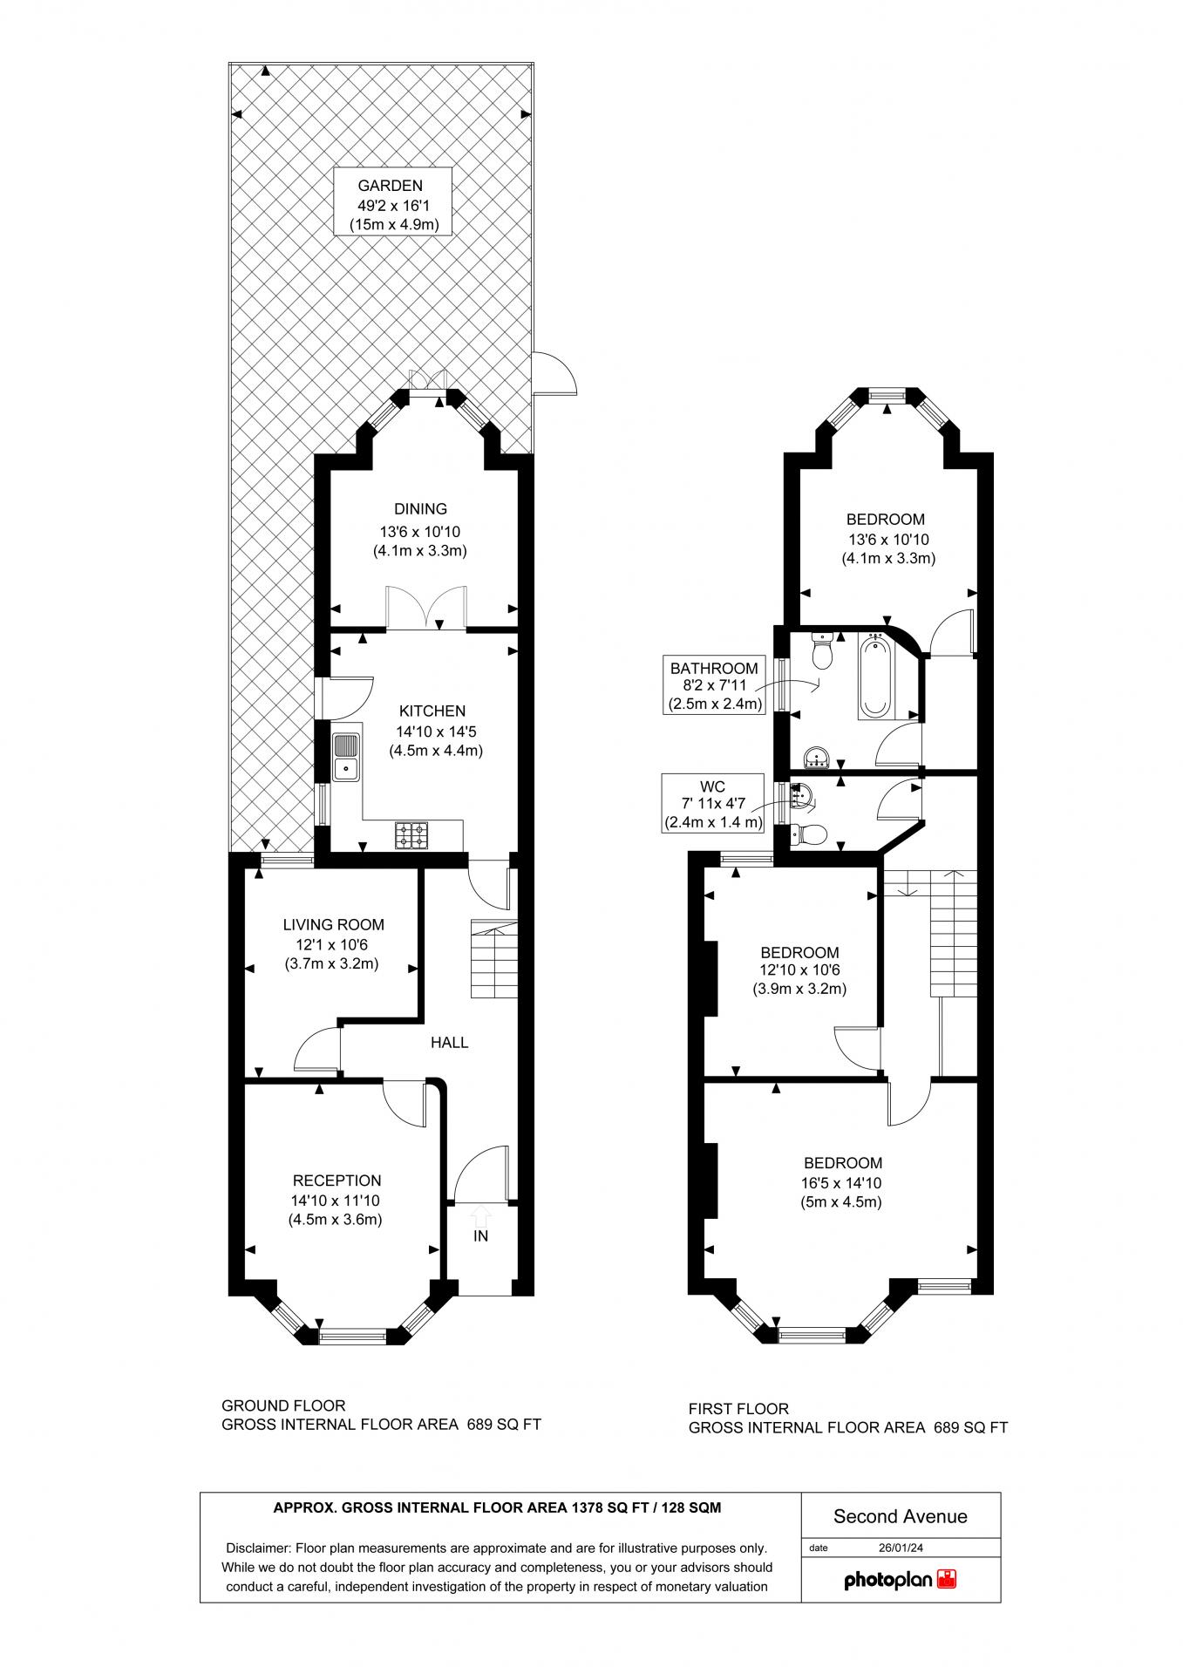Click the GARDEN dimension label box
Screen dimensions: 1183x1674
pos(394,201)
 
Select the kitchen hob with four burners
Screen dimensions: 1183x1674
pos(412,834)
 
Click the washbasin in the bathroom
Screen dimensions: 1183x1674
pos(818,757)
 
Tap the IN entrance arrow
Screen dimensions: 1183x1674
pos(480,1214)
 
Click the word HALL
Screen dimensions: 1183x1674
pos(450,1042)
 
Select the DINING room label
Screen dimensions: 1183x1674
pos(420,508)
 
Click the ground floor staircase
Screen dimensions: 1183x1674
pos(493,958)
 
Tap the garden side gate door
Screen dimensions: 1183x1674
pos(554,373)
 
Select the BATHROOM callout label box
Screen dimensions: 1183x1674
pos(714,686)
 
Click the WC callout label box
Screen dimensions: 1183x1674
pos(713,802)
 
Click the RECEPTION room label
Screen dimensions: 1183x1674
pos(337,1181)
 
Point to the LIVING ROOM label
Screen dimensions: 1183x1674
pos(333,924)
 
